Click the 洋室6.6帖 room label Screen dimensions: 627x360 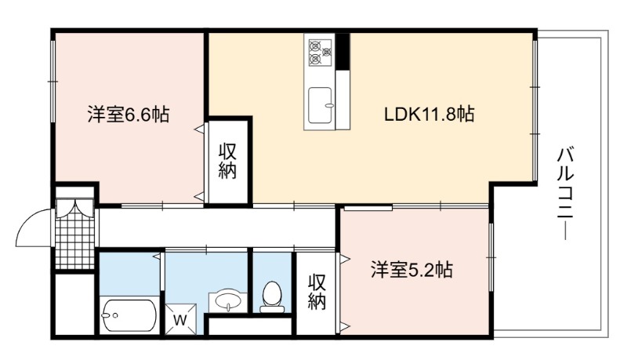(129, 115)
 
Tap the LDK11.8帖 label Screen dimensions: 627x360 (429, 114)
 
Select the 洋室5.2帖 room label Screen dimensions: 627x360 (411, 270)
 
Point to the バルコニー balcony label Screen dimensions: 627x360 (565, 194)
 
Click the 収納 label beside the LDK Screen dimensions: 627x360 (227, 162)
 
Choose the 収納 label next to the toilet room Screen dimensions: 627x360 (317, 292)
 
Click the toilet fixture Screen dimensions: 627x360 (272, 296)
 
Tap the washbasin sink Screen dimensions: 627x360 (228, 300)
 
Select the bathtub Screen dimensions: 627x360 (129, 315)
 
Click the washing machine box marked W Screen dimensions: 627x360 (181, 319)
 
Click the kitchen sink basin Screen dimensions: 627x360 (320, 105)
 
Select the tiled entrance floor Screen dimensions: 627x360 (74, 243)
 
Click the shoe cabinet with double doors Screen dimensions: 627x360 (74, 208)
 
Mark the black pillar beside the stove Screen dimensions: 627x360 (342, 52)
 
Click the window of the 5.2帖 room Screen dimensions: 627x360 (491, 257)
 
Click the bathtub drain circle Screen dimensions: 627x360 (115, 315)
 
